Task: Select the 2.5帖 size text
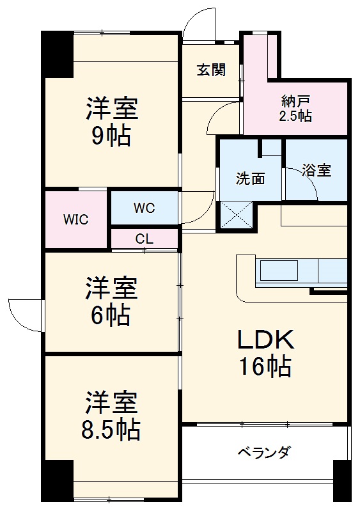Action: coord(295,116)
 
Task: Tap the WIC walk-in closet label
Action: coord(75,219)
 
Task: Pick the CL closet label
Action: coord(145,239)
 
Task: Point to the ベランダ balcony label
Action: coord(264,453)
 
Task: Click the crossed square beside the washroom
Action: coord(237,216)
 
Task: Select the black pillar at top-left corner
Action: coord(58,54)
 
